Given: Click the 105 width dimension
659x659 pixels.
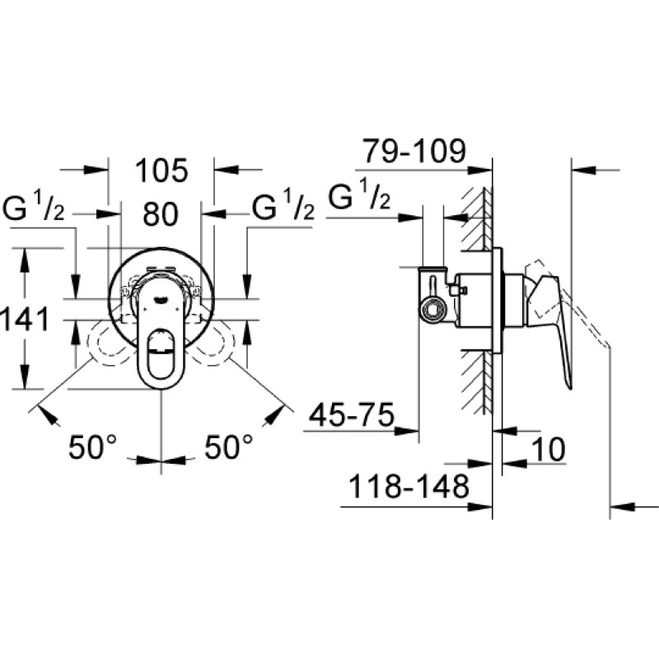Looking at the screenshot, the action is (161, 171).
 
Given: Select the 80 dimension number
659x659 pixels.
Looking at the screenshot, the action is (161, 214).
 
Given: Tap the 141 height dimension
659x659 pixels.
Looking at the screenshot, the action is (25, 320).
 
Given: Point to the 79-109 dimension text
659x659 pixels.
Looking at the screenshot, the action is (414, 151).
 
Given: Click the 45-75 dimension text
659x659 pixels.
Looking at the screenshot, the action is (352, 415).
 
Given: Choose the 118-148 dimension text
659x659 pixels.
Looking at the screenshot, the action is (409, 487).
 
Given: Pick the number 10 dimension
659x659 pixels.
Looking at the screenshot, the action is (549, 450).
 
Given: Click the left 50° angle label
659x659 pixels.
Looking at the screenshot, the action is (92, 446).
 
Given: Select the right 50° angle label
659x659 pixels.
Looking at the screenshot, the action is (229, 446).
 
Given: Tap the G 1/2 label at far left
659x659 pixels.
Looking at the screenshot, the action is (34, 208).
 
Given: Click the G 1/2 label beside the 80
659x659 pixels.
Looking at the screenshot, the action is (283, 206).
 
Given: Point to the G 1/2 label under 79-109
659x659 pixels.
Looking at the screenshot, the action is (359, 195).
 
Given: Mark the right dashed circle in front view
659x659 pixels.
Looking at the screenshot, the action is (213, 343).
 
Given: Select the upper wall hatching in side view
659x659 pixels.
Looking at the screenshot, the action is (476, 218).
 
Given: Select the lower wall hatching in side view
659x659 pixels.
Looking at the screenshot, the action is (476, 381).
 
